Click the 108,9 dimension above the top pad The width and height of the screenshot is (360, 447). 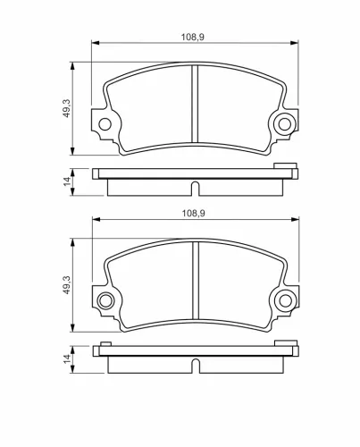coord(193,38)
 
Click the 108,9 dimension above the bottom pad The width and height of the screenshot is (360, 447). coord(194,214)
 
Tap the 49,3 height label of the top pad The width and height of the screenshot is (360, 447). coord(67,108)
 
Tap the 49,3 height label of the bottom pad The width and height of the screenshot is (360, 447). coord(67,285)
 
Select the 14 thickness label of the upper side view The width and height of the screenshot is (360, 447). coord(68,181)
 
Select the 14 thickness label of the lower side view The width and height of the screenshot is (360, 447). coord(68,358)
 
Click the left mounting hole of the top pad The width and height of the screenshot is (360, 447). coord(105,124)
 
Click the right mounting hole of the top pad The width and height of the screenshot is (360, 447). coord(284,124)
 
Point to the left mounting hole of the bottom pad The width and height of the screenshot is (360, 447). coord(105,301)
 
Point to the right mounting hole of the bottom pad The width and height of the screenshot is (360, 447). coord(286,301)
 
